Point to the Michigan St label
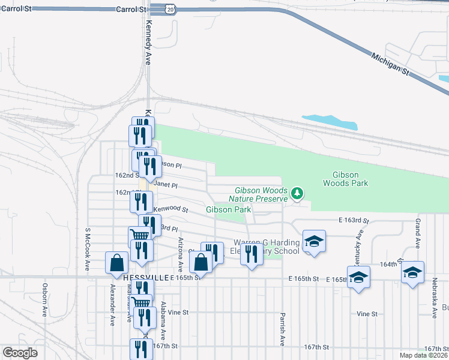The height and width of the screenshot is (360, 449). tap(390, 63)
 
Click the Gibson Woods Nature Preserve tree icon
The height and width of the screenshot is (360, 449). tap(297, 193)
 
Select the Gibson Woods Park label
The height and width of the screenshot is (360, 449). tap(345, 179)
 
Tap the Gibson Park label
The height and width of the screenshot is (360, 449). tap(228, 209)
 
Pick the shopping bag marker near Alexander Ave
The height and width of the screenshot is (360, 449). tap(116, 263)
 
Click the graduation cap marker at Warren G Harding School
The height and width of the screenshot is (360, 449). tap(314, 241)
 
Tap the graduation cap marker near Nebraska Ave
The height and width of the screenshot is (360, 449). tap(412, 272)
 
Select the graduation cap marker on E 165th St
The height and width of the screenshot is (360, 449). tap(358, 277)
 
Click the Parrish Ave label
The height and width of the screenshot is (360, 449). tap(282, 329)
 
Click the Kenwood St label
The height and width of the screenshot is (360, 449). tap(171, 210)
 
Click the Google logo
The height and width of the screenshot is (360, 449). tap(20, 353)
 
